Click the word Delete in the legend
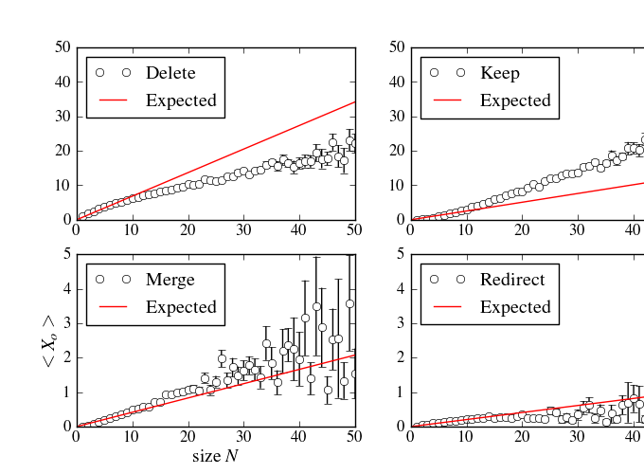[x=170, y=72]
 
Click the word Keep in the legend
[x=500, y=72]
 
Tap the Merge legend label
[x=170, y=280]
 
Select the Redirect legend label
[x=512, y=280]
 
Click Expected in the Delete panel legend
[x=181, y=100]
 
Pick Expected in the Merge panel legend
[x=181, y=307]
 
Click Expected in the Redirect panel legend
[x=515, y=307]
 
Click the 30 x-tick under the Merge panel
[x=243, y=437]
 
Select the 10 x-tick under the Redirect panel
[x=465, y=437]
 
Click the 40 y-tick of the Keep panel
[x=396, y=82]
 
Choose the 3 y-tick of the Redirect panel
[x=401, y=323]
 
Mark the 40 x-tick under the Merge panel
[x=299, y=437]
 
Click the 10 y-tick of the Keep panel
[x=396, y=186]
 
